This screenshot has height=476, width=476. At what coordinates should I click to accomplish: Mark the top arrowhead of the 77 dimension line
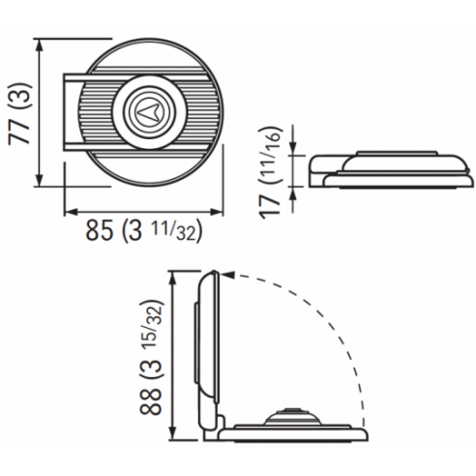[x=39, y=42]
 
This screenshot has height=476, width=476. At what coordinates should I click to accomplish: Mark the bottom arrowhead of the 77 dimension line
[x=39, y=185]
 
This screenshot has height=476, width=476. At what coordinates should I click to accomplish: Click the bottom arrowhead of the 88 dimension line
[x=174, y=437]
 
